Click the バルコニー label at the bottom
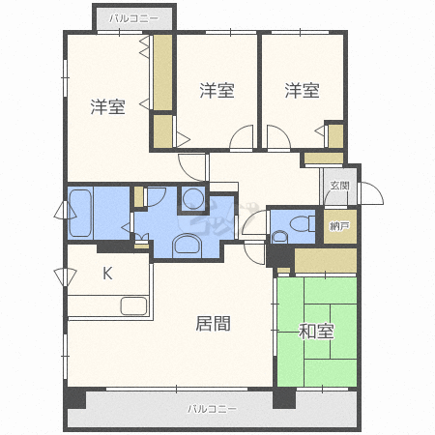(x=212, y=409)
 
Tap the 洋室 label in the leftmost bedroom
(x=107, y=106)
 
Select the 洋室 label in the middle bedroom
(x=217, y=91)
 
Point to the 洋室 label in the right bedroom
(x=302, y=91)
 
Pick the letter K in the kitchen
(x=107, y=274)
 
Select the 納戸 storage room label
(x=338, y=226)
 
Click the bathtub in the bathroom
(x=79, y=213)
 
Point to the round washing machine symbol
(x=192, y=200)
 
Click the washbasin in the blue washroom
(x=185, y=246)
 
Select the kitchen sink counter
(x=132, y=307)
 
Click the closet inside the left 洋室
(x=163, y=74)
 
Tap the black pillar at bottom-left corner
(x=74, y=398)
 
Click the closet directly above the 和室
(x=326, y=260)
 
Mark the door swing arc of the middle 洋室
(x=243, y=137)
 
